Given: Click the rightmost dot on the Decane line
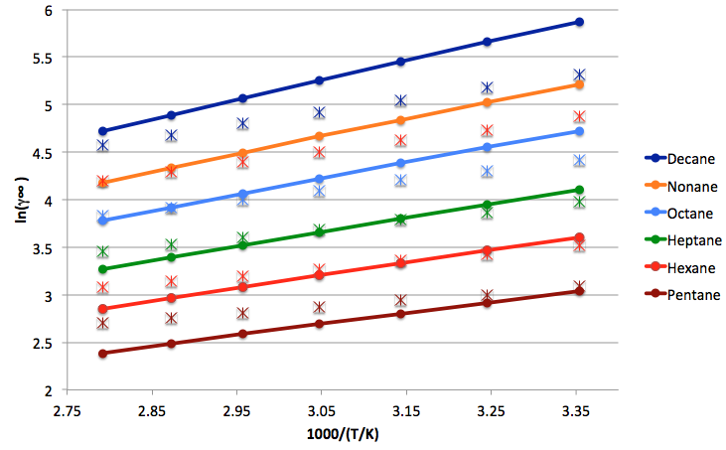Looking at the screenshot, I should (x=579, y=22).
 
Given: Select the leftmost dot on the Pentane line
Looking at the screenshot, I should (x=102, y=353).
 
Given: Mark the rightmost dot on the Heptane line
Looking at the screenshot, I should (x=579, y=190).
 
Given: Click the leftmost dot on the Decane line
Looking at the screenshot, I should (x=102, y=131).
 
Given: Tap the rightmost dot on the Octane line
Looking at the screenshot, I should (x=579, y=131).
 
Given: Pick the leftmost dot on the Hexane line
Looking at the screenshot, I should (x=102, y=308).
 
